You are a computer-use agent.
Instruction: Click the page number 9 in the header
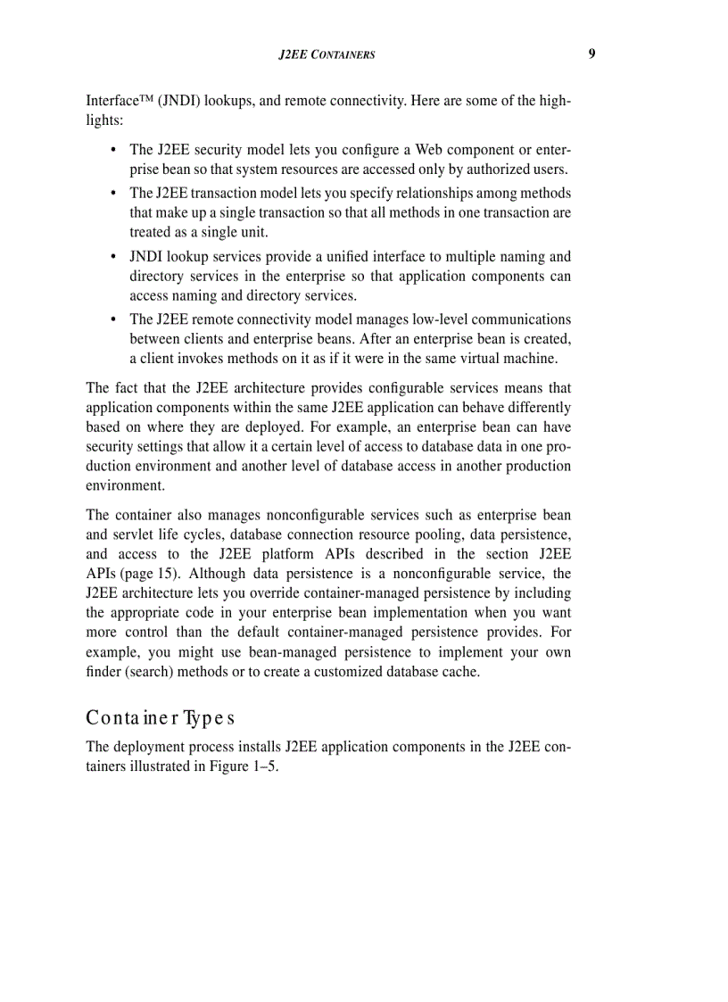(x=591, y=54)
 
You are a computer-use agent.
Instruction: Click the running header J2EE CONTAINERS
(x=327, y=54)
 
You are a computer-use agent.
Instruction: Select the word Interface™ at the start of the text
(x=114, y=101)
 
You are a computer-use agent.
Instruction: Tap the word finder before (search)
(x=104, y=672)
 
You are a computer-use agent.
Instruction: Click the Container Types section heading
(x=161, y=718)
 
